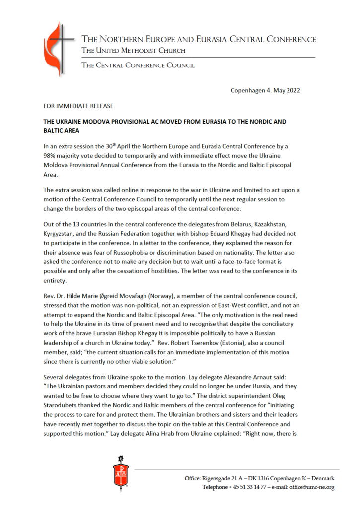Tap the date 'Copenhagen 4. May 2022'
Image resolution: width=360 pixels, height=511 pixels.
pos(265,90)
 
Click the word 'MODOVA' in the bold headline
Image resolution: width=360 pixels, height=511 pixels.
pos(104,122)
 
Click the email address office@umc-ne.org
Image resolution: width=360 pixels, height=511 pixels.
pos(309,487)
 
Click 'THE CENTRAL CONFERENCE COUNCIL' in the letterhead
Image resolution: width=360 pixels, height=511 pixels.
pos(138,65)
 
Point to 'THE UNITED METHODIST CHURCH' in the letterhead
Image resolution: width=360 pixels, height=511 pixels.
pos(134,50)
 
